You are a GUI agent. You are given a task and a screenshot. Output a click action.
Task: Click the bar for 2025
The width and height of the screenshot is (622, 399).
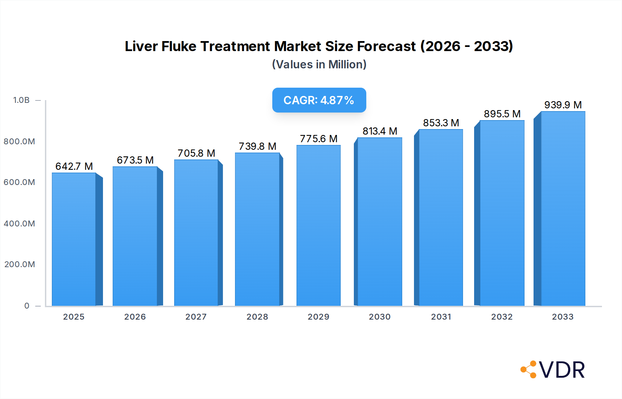click(74, 239)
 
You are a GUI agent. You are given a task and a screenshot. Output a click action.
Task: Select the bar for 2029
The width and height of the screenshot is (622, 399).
click(318, 225)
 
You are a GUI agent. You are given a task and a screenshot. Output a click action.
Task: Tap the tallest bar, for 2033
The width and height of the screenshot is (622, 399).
click(563, 208)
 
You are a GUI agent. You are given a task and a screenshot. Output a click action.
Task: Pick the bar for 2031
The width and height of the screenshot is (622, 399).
click(441, 217)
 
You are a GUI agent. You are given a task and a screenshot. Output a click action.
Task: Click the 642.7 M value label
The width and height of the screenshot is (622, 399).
click(74, 166)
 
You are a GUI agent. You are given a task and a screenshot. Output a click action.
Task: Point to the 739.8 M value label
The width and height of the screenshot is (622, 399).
click(257, 146)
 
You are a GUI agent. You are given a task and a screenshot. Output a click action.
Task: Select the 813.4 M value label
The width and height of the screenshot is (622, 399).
click(380, 131)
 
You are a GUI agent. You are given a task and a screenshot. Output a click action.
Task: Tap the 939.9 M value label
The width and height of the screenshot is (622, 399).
click(563, 105)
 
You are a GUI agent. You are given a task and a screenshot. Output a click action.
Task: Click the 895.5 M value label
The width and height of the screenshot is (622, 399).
click(502, 114)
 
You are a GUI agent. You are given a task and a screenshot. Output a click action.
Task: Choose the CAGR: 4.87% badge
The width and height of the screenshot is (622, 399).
click(319, 100)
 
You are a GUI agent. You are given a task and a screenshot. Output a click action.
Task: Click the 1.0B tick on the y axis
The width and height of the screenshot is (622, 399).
click(21, 100)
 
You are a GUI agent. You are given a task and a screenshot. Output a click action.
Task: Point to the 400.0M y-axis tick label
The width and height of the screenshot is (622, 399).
click(19, 224)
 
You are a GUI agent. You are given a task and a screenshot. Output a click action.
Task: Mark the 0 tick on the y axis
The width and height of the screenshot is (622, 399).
click(27, 306)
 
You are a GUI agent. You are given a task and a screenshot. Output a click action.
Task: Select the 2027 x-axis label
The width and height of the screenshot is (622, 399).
click(196, 317)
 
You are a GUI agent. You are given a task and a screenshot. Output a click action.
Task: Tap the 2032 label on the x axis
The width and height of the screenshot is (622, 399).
click(502, 317)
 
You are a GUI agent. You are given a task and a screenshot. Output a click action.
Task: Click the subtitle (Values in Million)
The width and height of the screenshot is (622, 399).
click(319, 65)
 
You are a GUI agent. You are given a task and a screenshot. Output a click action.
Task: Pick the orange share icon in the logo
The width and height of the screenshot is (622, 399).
click(529, 370)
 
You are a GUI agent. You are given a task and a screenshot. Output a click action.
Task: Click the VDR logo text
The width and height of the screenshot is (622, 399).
click(562, 370)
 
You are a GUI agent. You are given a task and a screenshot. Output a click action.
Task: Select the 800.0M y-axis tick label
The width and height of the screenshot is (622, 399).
click(19, 142)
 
